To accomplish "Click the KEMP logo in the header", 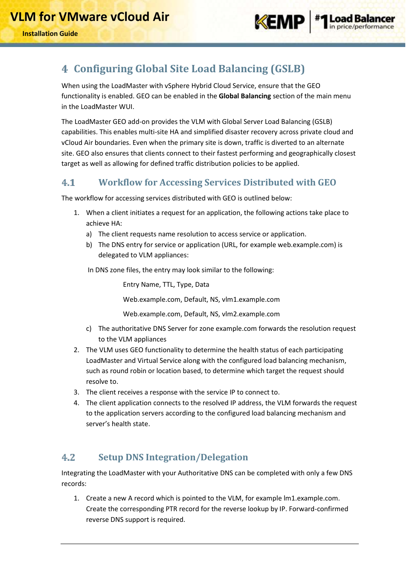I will pos(279,22).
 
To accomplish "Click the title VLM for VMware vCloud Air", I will pos(90,17).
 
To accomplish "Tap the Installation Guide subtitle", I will pos(50,34).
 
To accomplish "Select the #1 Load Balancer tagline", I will pos(355,22).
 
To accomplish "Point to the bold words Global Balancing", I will pos(244,96).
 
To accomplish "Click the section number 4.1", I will pos(68,183).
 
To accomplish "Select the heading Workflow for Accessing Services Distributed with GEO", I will pos(217,183).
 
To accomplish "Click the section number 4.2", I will pos(68,458).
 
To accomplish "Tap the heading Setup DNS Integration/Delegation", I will pos(173,457).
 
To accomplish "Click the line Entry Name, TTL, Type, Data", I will pos(166,285).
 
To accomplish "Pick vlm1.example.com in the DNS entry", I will pos(250,300).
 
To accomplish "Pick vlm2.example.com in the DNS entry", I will pos(250,314).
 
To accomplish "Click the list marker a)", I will pos(89,234).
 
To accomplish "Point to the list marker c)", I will pos(89,329).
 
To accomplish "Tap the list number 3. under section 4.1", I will pos(76,392).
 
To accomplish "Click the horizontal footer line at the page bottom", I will pos(209,544).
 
